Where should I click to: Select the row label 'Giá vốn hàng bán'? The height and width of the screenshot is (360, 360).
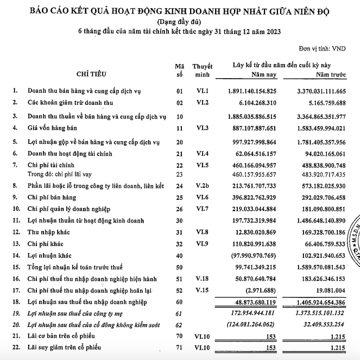pos(54,128)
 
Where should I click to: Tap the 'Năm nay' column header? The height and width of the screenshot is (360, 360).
pos(264,74)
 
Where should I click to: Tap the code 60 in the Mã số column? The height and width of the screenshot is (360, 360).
pos(180,300)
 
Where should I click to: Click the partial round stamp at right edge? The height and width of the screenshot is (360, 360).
pos(353,242)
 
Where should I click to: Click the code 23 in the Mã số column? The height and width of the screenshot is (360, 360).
pos(180,174)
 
